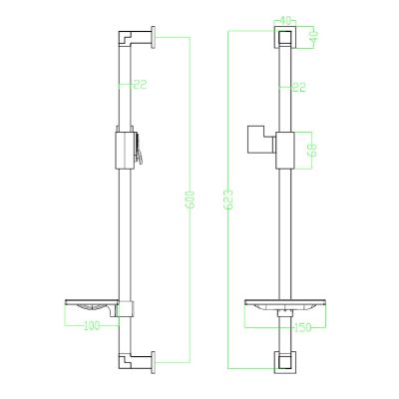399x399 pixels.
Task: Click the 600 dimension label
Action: tap(191, 199)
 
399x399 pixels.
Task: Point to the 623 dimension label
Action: tap(228, 199)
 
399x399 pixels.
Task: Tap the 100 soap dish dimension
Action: tap(92, 325)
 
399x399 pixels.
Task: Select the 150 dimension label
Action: tap(302, 327)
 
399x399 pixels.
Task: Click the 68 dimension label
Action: tap(312, 151)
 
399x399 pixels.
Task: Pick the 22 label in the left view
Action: tap(140, 85)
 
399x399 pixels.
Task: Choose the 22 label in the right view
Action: tap(299, 88)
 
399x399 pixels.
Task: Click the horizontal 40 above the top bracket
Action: tap(285, 21)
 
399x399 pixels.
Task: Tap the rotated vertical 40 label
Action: tap(313, 35)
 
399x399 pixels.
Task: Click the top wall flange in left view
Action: tap(153, 37)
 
